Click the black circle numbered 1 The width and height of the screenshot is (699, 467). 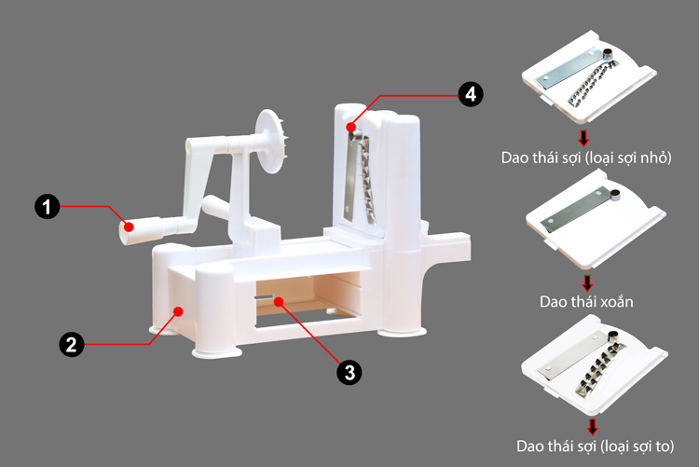click(48, 207)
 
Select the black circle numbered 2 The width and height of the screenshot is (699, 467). click(72, 344)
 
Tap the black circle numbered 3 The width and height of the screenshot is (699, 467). click(349, 373)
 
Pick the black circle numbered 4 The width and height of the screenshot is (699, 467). click(471, 94)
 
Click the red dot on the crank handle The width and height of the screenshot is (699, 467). click(129, 227)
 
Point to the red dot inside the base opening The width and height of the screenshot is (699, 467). click(279, 302)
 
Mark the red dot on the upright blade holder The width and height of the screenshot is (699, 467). click(350, 128)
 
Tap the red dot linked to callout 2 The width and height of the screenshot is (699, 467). click(178, 311)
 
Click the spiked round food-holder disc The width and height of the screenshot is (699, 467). click(269, 141)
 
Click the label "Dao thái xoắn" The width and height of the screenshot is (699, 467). click(586, 302)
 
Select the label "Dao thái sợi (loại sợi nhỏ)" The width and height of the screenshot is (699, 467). click(586, 158)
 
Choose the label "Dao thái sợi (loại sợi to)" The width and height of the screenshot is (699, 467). click(596, 446)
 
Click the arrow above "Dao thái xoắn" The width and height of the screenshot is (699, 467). click(587, 282)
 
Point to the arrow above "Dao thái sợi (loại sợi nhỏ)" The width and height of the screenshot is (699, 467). click(583, 138)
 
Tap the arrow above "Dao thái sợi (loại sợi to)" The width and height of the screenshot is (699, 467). click(592, 426)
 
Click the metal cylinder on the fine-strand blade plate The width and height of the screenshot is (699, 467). click(608, 55)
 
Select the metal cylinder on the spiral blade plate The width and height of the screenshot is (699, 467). click(615, 195)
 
